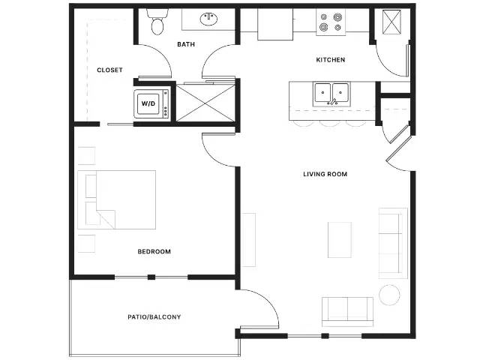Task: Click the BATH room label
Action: point(186,44)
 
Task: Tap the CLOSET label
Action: point(109,70)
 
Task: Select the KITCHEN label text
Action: point(330,60)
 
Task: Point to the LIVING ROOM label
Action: point(325,174)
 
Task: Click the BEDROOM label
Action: point(154,252)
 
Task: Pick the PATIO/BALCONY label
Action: point(154,316)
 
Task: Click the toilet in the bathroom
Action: point(157,22)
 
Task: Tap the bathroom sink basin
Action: point(209,19)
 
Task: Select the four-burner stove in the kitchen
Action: point(331,22)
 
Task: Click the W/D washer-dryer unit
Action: point(151,103)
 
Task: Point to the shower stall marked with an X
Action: point(205,103)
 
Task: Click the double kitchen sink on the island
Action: point(331,94)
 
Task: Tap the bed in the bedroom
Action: point(117,199)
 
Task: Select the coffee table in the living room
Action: point(340,240)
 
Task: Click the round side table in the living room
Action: point(389,295)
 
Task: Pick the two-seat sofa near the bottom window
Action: point(347,312)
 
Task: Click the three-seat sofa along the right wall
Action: point(393,243)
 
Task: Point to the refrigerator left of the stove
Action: point(275,24)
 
